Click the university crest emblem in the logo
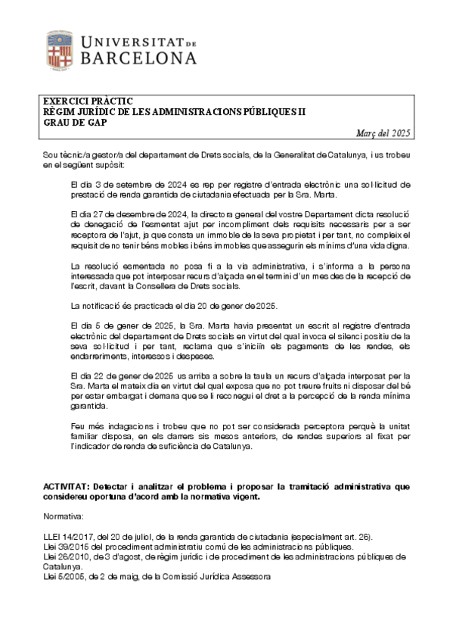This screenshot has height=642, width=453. [x=61, y=48]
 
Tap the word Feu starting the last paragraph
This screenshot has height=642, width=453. [x=77, y=427]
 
